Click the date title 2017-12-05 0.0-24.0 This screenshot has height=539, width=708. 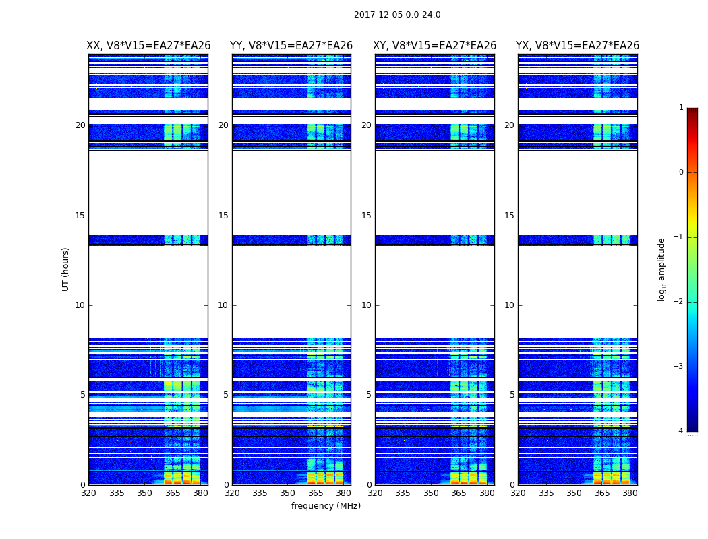click(x=397, y=15)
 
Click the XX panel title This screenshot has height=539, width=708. click(x=148, y=46)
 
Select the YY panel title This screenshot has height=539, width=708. click(x=291, y=46)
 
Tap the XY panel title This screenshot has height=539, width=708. click(x=435, y=46)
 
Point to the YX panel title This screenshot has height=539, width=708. click(x=578, y=46)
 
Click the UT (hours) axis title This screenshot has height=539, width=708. click(x=65, y=269)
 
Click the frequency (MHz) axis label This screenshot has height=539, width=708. click(x=326, y=506)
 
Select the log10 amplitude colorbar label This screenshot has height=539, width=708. click(x=662, y=269)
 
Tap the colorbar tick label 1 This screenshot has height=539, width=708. click(x=681, y=108)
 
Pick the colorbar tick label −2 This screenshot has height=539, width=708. click(x=679, y=302)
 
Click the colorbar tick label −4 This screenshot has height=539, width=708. click(x=679, y=431)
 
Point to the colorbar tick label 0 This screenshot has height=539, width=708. click(x=681, y=172)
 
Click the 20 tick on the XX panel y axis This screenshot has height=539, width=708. click(x=80, y=125)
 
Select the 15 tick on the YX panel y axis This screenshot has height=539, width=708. click(x=510, y=216)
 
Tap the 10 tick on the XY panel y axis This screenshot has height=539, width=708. click(x=366, y=305)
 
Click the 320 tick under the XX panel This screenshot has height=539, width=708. click(x=88, y=493)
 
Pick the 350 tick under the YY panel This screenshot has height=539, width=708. click(x=287, y=493)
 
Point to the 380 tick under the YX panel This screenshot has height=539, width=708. click(x=630, y=493)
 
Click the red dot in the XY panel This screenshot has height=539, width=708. click(x=417, y=443)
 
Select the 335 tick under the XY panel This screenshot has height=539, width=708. click(x=403, y=493)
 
